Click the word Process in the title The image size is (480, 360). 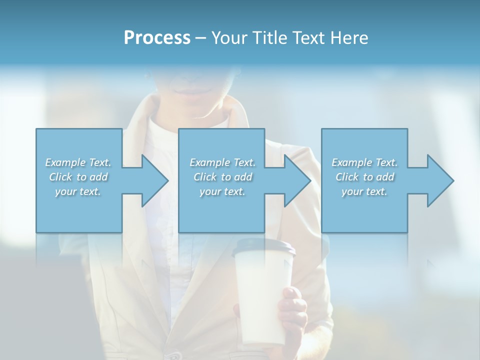pyautogui.click(x=157, y=38)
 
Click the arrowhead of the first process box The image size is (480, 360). pyautogui.click(x=152, y=180)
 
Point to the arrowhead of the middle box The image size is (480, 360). pyautogui.click(x=295, y=180)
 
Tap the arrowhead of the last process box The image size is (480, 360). pyautogui.click(x=438, y=180)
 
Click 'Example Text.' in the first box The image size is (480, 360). pyautogui.click(x=78, y=162)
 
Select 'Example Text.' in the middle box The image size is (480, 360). pyautogui.click(x=222, y=162)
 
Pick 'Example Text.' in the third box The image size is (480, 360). pyautogui.click(x=364, y=162)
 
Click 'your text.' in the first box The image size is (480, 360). pyautogui.click(x=78, y=191)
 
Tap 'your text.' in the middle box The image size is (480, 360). pyautogui.click(x=222, y=191)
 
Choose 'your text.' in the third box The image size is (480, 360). pyautogui.click(x=364, y=191)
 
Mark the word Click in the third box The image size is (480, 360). pyautogui.click(x=347, y=177)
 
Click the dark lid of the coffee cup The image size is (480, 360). pyautogui.click(x=263, y=246)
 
